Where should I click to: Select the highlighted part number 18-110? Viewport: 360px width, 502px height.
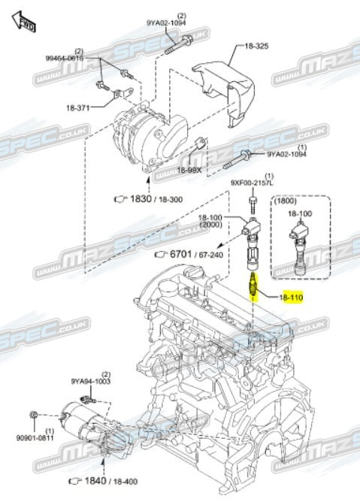292,299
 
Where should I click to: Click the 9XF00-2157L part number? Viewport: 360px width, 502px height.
253,183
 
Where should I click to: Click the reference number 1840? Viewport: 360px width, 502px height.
91,480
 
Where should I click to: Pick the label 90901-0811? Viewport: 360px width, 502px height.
36,438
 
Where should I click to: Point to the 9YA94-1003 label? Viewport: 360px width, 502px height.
90,382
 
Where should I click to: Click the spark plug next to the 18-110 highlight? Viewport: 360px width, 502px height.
255,286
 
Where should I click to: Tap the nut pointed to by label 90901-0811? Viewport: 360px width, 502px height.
35,415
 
